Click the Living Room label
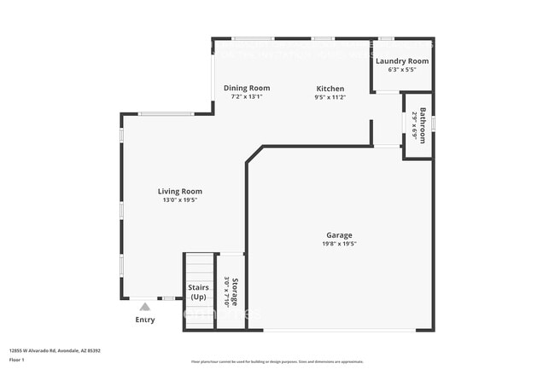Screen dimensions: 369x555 pos(179,191)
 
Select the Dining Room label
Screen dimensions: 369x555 pos(247,88)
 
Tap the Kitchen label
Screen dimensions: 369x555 pos(330,89)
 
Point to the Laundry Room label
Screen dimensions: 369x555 pos(402,61)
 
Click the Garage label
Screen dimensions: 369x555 pos(339,235)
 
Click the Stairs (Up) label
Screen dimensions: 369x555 pos(198,292)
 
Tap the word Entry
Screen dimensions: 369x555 pos(145,320)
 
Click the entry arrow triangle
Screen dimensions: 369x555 pos(145,307)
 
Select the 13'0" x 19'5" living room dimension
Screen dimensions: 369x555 pos(179,200)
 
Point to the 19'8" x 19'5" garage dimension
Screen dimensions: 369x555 pos(339,244)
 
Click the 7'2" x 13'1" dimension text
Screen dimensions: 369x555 pos(247,97)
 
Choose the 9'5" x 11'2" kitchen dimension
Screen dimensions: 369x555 pos(330,97)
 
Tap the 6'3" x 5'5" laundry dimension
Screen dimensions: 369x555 pos(402,70)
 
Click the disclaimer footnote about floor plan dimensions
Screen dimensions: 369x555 pos(277,361)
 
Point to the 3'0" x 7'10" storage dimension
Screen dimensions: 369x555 pos(226,291)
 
